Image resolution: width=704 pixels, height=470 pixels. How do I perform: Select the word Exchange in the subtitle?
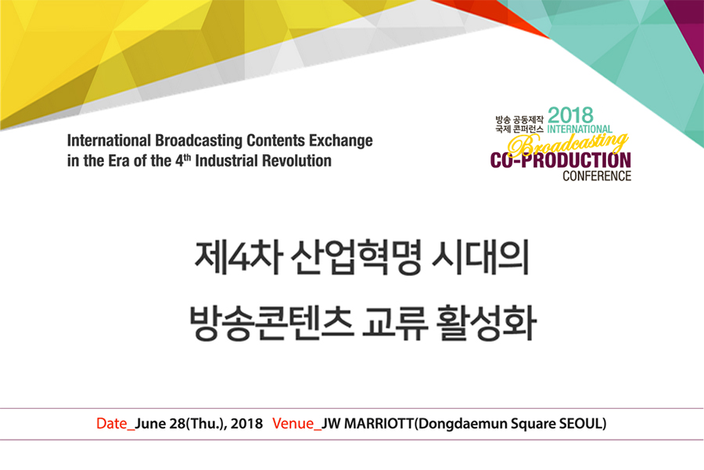[341, 141]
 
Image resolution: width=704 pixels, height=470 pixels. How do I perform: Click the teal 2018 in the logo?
[570, 115]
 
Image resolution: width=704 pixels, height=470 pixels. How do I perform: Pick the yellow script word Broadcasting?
[568, 144]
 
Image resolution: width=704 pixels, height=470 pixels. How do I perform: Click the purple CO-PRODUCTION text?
[560, 161]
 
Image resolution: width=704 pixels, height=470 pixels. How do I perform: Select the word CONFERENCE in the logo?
[597, 175]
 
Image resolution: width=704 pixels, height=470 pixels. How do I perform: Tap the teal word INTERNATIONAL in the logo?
[580, 129]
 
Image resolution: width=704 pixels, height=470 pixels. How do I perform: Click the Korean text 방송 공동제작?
[519, 120]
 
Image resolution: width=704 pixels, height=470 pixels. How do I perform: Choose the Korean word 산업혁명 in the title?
[356, 258]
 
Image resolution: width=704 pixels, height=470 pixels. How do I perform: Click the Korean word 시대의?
[480, 258]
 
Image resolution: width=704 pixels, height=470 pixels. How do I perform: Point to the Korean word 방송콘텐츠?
[271, 323]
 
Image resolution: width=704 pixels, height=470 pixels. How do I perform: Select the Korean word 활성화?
[487, 323]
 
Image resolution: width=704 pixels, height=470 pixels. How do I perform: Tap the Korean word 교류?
[395, 323]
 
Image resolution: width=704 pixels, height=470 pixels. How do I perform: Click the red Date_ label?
[116, 424]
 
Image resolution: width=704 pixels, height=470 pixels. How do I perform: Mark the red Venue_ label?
[296, 424]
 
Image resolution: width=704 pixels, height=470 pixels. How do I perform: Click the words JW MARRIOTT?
[368, 424]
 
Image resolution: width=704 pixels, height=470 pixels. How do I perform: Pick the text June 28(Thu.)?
[181, 424]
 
